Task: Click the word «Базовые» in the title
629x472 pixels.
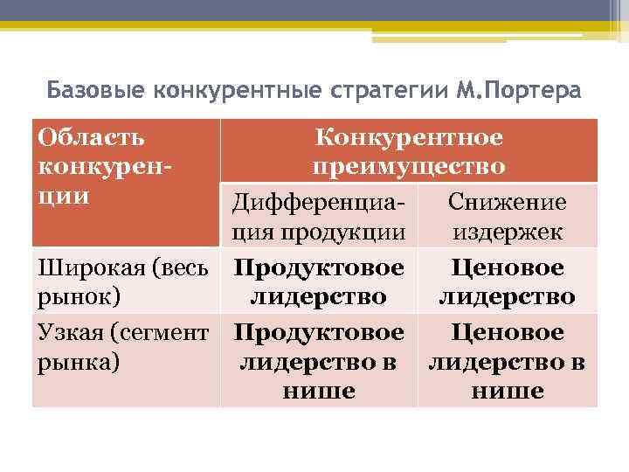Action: pos(96,90)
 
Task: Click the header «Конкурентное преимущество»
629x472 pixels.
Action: pos(409,151)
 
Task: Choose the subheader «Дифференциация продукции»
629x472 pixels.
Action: pos(318,218)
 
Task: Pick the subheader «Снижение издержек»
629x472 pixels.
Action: pos(507,218)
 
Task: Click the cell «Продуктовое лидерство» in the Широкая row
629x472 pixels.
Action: pos(318,281)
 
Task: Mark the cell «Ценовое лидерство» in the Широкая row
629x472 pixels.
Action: pos(507,281)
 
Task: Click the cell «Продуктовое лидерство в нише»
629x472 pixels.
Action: pos(318,361)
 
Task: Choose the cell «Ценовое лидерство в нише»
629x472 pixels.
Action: pos(507,361)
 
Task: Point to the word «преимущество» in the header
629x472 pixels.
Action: pos(409,166)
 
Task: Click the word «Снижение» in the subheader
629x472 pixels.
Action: pos(507,203)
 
